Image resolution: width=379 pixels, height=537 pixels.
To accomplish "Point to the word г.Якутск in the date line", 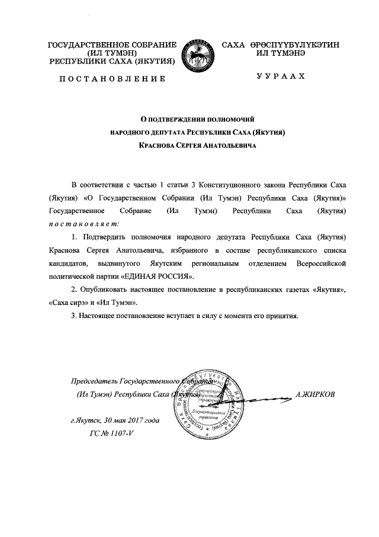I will pos(85,421).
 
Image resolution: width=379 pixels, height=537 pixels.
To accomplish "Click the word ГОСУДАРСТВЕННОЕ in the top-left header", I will pos(85,46).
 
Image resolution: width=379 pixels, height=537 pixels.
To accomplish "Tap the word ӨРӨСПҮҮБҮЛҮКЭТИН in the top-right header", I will pos(294,46).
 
